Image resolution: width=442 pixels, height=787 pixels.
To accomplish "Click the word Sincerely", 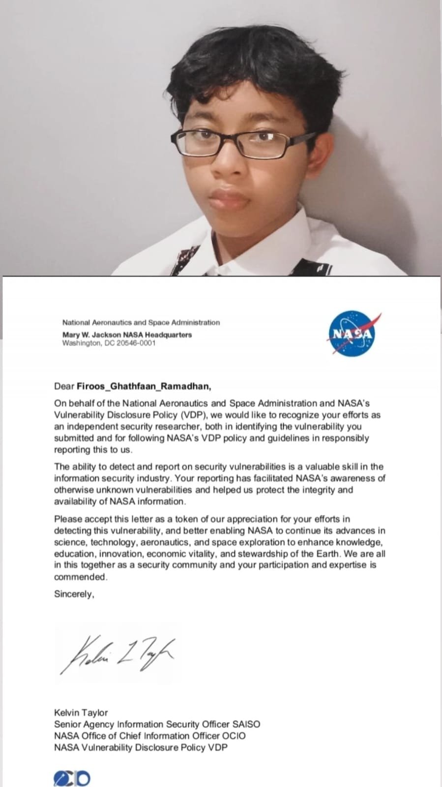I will [x=74, y=594].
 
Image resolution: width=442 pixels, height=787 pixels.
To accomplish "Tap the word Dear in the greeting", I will [x=64, y=386].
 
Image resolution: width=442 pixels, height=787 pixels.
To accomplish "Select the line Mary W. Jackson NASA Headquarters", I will [x=127, y=335].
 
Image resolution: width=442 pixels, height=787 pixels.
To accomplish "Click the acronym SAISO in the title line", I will [x=246, y=724].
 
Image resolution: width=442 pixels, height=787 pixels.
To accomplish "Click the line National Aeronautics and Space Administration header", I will [x=141, y=322].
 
